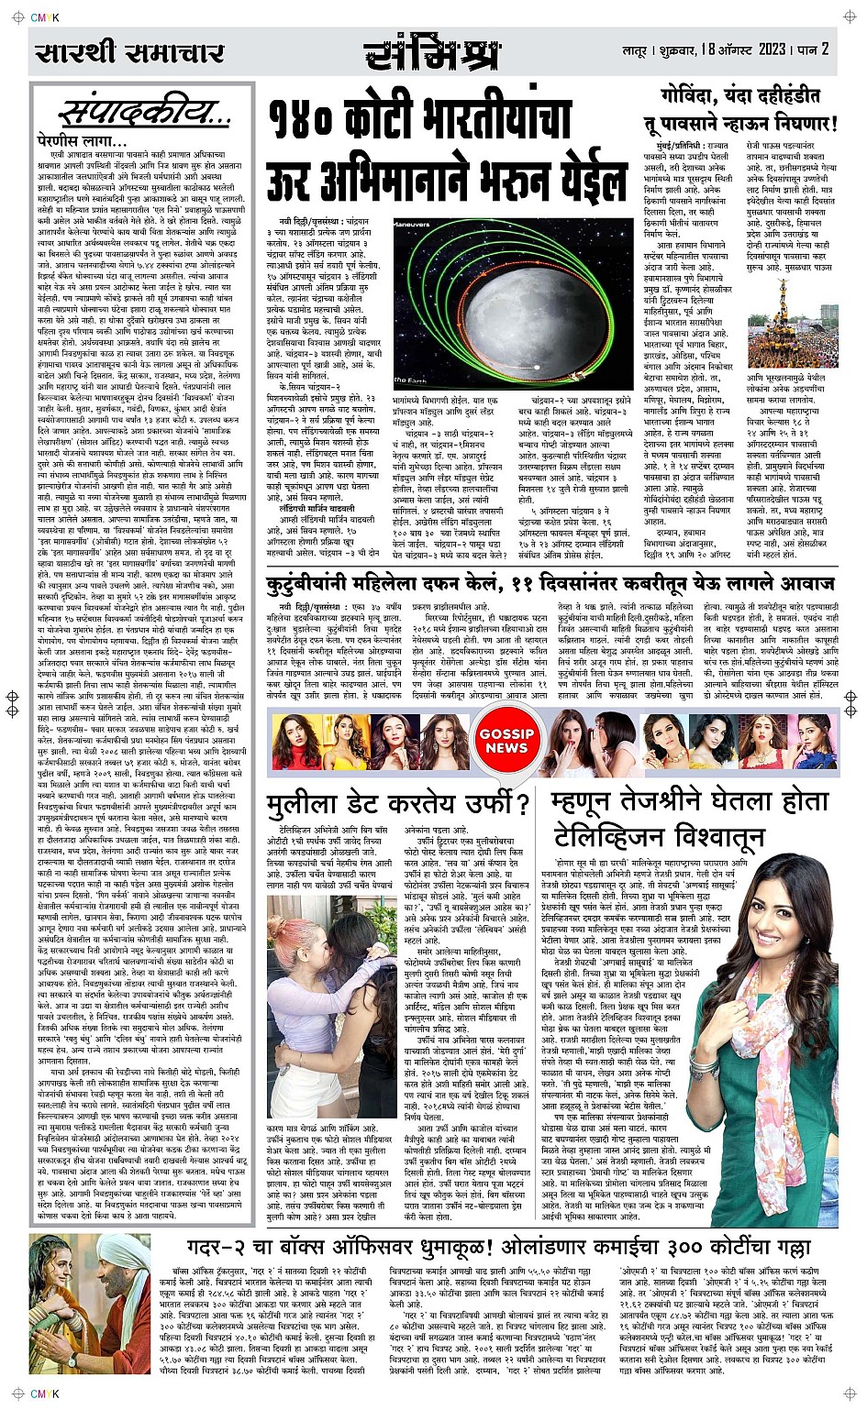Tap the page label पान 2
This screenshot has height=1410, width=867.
813,50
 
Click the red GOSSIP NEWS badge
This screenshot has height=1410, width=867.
506,741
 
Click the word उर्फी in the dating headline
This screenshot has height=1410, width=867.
484,805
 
